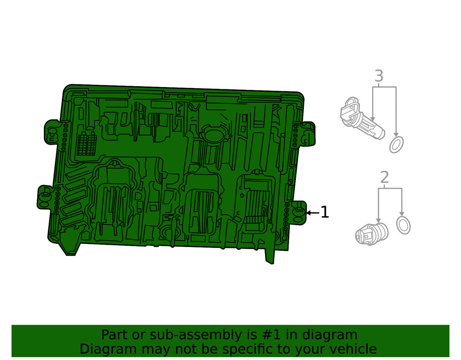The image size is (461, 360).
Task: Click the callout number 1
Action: pos(325,212)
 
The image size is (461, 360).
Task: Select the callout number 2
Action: pos(384,177)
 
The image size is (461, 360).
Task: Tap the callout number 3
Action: pos(378,76)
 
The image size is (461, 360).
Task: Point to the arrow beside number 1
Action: pos(313,212)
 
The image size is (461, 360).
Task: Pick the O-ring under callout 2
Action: pos(403,225)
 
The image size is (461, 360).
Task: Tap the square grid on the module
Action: pos(87,144)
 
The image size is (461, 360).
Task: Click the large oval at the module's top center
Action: pos(213,136)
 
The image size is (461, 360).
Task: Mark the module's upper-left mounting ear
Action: pos(51,132)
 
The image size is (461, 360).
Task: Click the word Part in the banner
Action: pos(113,335)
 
